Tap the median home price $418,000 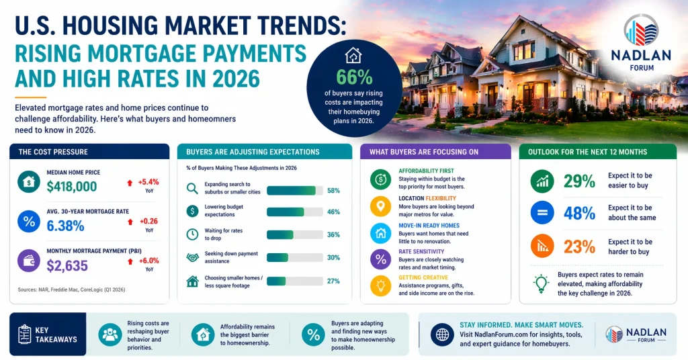72,187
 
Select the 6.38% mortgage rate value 66,226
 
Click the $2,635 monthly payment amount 67,265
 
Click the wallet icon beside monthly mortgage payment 28,261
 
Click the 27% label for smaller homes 333,281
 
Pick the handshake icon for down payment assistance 193,257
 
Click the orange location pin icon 380,206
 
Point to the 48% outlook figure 579,214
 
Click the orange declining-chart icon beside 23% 542,246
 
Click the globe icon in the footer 441,334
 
